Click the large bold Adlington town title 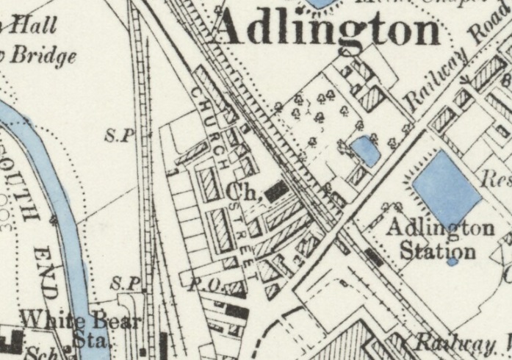pyautogui.click(x=329, y=31)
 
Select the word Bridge pyautogui.click(x=46, y=56)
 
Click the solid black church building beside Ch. pyautogui.click(x=275, y=192)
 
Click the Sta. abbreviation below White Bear pyautogui.click(x=92, y=341)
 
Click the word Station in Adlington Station pyautogui.click(x=438, y=251)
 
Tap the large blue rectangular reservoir pyautogui.click(x=446, y=187)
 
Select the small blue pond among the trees pyautogui.click(x=366, y=151)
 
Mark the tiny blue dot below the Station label pyautogui.click(x=452, y=261)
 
